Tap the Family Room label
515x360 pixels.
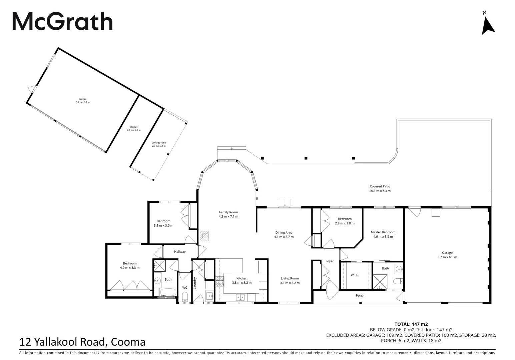coord(228,212)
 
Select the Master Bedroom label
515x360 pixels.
coord(383,232)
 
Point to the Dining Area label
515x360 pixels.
coord(284,232)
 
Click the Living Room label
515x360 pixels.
coord(290,278)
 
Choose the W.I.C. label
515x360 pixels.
coord(355,275)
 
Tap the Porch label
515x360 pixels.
coord(360,295)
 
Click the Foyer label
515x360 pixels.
coord(330,261)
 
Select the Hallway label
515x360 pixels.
coord(180,251)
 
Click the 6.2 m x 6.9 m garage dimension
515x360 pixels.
coord(447,257)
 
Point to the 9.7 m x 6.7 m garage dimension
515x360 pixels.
coord(83,102)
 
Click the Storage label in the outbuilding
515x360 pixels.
coord(134,127)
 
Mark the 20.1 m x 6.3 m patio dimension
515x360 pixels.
coord(380,191)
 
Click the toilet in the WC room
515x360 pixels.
coord(185,296)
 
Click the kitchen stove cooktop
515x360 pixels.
coord(219,282)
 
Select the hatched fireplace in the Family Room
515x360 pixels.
coord(204,236)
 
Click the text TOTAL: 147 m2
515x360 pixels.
coord(411,324)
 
